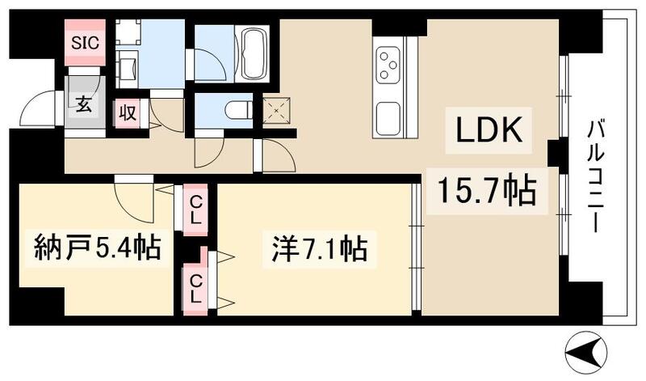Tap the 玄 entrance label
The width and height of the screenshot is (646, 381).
[83, 104]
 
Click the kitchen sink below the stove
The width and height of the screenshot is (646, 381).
[389, 121]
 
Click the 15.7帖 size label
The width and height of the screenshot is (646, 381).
[487, 192]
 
